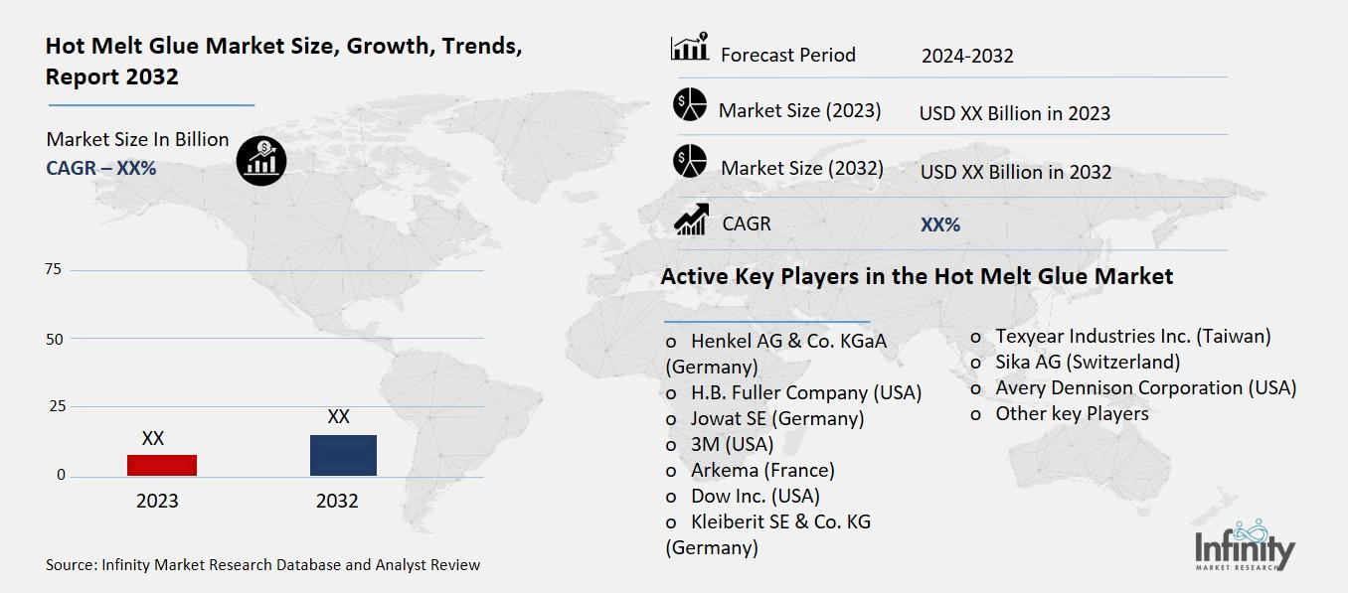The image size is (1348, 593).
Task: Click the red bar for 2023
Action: click(x=163, y=465)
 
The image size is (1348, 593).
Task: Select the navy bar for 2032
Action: click(x=343, y=455)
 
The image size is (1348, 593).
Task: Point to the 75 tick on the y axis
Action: click(x=54, y=270)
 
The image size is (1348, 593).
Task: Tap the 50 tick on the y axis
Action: click(x=54, y=339)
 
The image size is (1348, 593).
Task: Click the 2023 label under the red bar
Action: click(x=157, y=501)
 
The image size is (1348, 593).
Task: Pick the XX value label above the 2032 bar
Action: click(x=338, y=417)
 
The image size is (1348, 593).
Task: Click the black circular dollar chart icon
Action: click(x=261, y=160)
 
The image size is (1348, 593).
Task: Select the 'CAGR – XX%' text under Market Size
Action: click(x=101, y=168)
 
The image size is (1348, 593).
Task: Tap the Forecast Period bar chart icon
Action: click(x=690, y=47)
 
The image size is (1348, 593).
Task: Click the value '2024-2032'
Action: click(x=967, y=56)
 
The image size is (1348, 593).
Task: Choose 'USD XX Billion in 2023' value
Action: click(x=1014, y=113)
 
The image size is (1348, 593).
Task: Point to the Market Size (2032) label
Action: click(x=801, y=168)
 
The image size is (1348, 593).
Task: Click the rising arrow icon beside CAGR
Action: click(x=690, y=220)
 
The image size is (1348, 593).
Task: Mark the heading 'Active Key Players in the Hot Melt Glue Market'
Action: click(x=917, y=276)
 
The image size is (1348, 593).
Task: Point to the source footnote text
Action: click(x=262, y=565)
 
